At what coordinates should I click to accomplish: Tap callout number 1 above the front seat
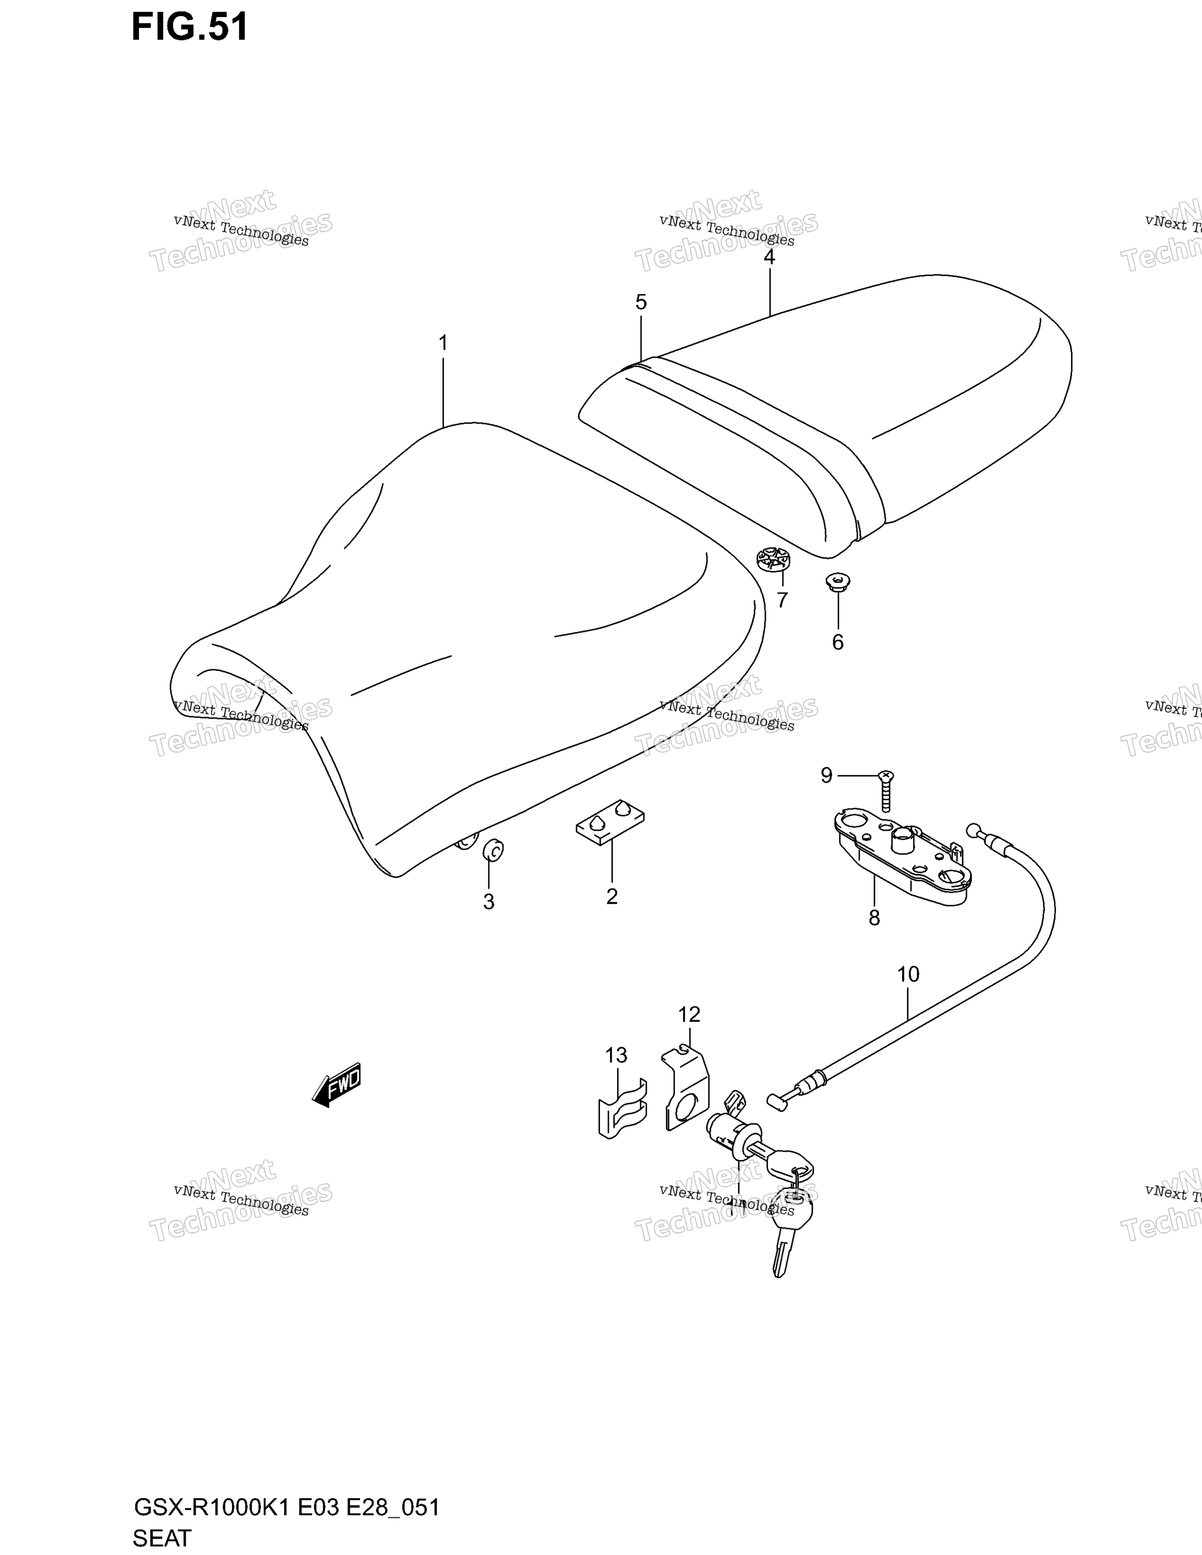click(x=443, y=343)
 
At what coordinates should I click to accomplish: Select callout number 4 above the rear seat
click(x=769, y=257)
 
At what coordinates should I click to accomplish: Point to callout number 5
click(x=641, y=303)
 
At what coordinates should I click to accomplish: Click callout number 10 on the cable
click(x=908, y=974)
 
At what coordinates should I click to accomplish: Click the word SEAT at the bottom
click(x=162, y=1538)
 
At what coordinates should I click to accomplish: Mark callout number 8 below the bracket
click(x=874, y=918)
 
